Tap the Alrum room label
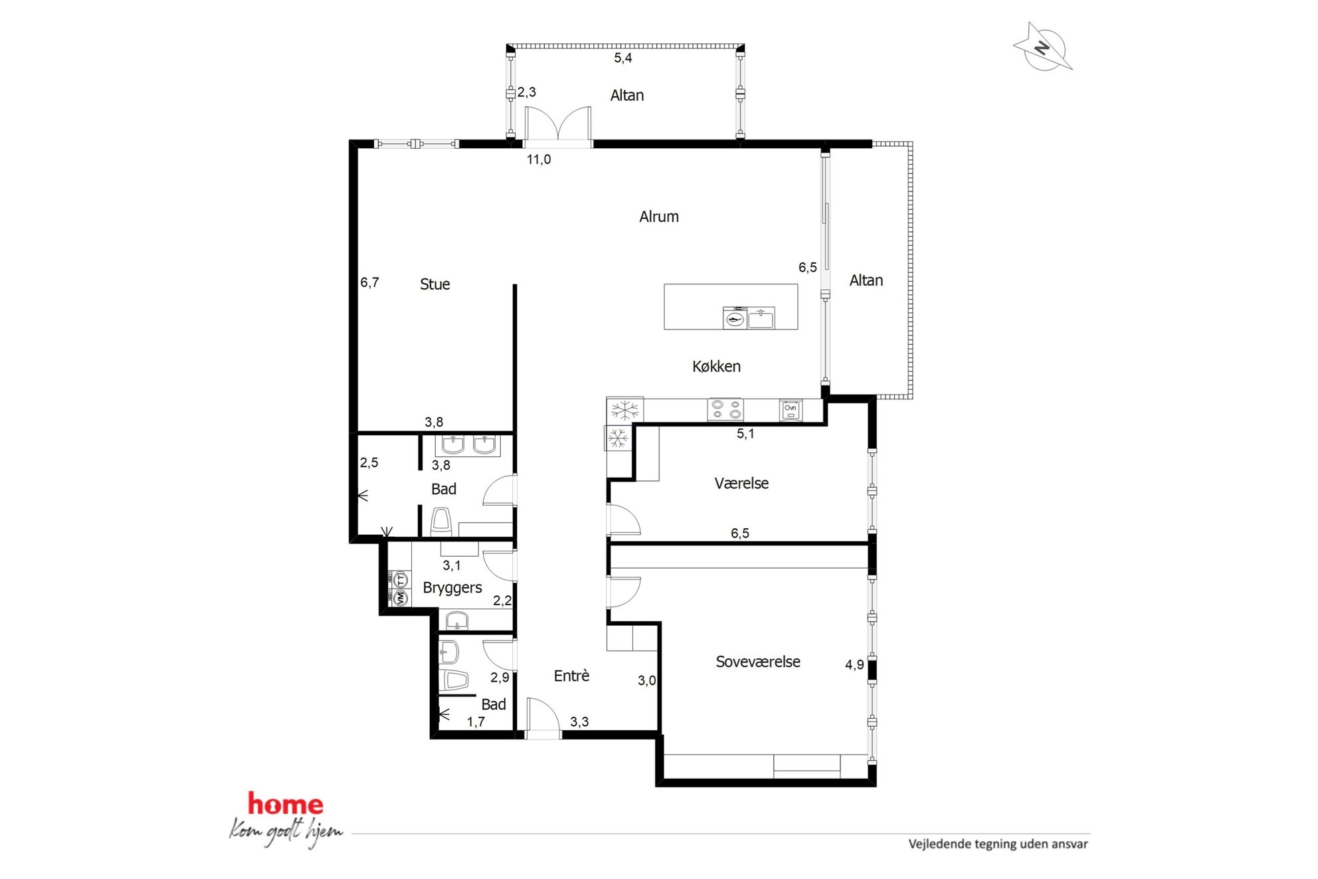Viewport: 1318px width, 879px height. [659, 217]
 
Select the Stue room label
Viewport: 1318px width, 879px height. [435, 284]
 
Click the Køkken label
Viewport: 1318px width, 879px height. [716, 366]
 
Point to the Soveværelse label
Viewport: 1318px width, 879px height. [758, 662]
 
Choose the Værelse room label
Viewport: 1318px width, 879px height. [741, 484]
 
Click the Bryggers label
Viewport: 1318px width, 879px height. [452, 588]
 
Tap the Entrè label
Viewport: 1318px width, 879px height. [572, 676]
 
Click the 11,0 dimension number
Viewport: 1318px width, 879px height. [539, 159]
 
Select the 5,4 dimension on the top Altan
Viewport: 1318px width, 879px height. [623, 58]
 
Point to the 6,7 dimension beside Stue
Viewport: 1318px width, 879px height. [369, 282]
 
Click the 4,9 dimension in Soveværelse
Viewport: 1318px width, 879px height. [854, 664]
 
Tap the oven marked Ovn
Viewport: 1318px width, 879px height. [791, 411]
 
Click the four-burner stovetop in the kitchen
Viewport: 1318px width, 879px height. [725, 409]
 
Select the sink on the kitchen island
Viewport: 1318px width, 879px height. [761, 319]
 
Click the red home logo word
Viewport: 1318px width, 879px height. [286, 804]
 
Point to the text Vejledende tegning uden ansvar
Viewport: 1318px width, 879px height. [998, 844]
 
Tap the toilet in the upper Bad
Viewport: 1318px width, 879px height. [441, 522]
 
